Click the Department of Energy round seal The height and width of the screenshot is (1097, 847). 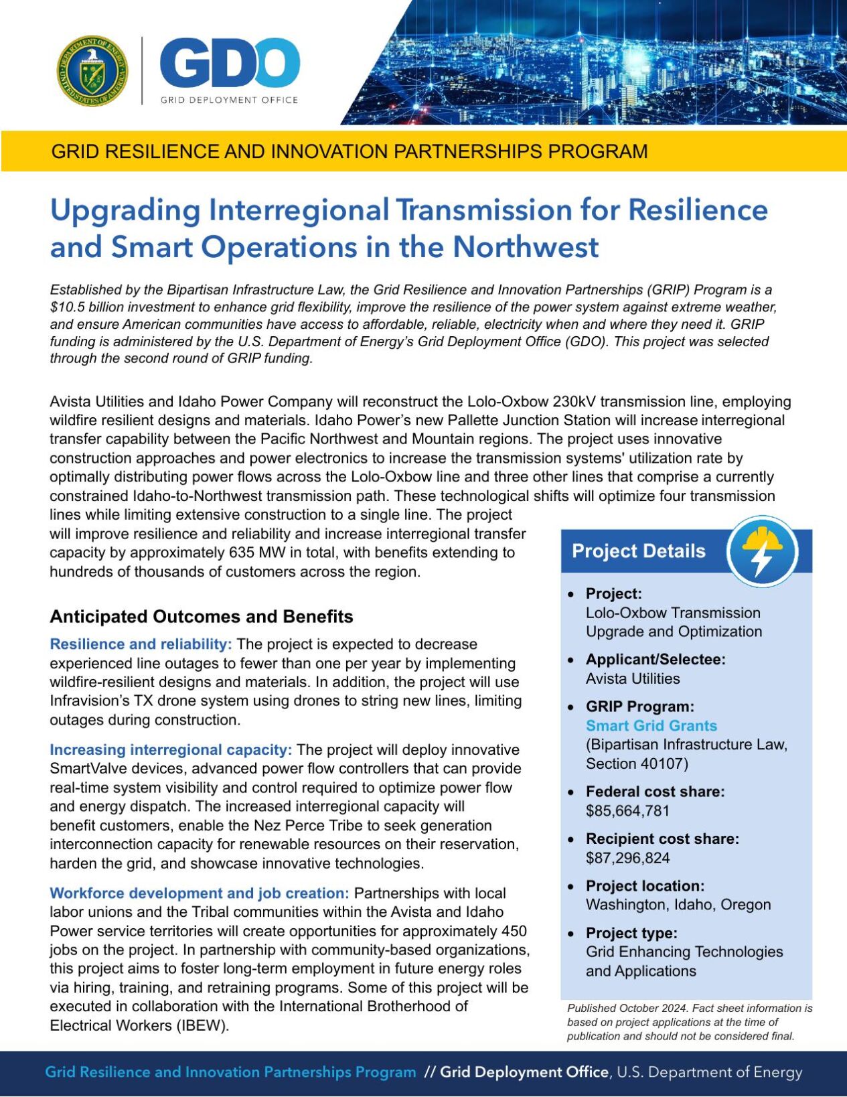click(x=92, y=71)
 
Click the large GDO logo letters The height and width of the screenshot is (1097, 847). click(x=229, y=63)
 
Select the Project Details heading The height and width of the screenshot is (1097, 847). click(x=638, y=551)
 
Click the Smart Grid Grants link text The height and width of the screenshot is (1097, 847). click(x=651, y=725)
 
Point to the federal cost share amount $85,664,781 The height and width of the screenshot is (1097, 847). click(x=627, y=810)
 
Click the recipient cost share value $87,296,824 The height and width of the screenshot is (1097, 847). click(x=627, y=858)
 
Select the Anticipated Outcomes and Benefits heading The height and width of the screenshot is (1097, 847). click(x=202, y=616)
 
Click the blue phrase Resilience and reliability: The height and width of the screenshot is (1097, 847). click(x=141, y=644)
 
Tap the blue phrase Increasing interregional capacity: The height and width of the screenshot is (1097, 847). click(x=171, y=749)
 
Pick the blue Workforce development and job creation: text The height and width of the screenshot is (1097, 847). click(x=200, y=893)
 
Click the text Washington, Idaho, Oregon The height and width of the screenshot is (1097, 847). click(x=678, y=905)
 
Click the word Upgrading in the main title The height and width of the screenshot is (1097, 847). click(x=125, y=210)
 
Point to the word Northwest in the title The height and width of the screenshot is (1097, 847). click(x=525, y=247)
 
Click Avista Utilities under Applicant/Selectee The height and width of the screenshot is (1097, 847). click(x=632, y=678)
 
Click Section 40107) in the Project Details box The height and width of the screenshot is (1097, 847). click(x=636, y=763)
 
